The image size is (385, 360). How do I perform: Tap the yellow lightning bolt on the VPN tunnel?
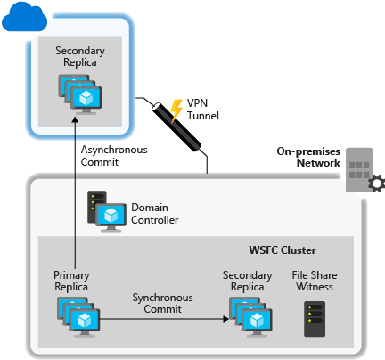click(x=176, y=110)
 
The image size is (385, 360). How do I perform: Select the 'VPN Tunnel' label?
click(x=204, y=110)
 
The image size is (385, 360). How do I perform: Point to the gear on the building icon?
click(x=375, y=184)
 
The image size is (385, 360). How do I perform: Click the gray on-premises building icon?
click(x=361, y=168)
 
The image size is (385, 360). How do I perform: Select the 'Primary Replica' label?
click(x=71, y=282)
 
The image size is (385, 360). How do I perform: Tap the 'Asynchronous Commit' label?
click(x=113, y=155)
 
